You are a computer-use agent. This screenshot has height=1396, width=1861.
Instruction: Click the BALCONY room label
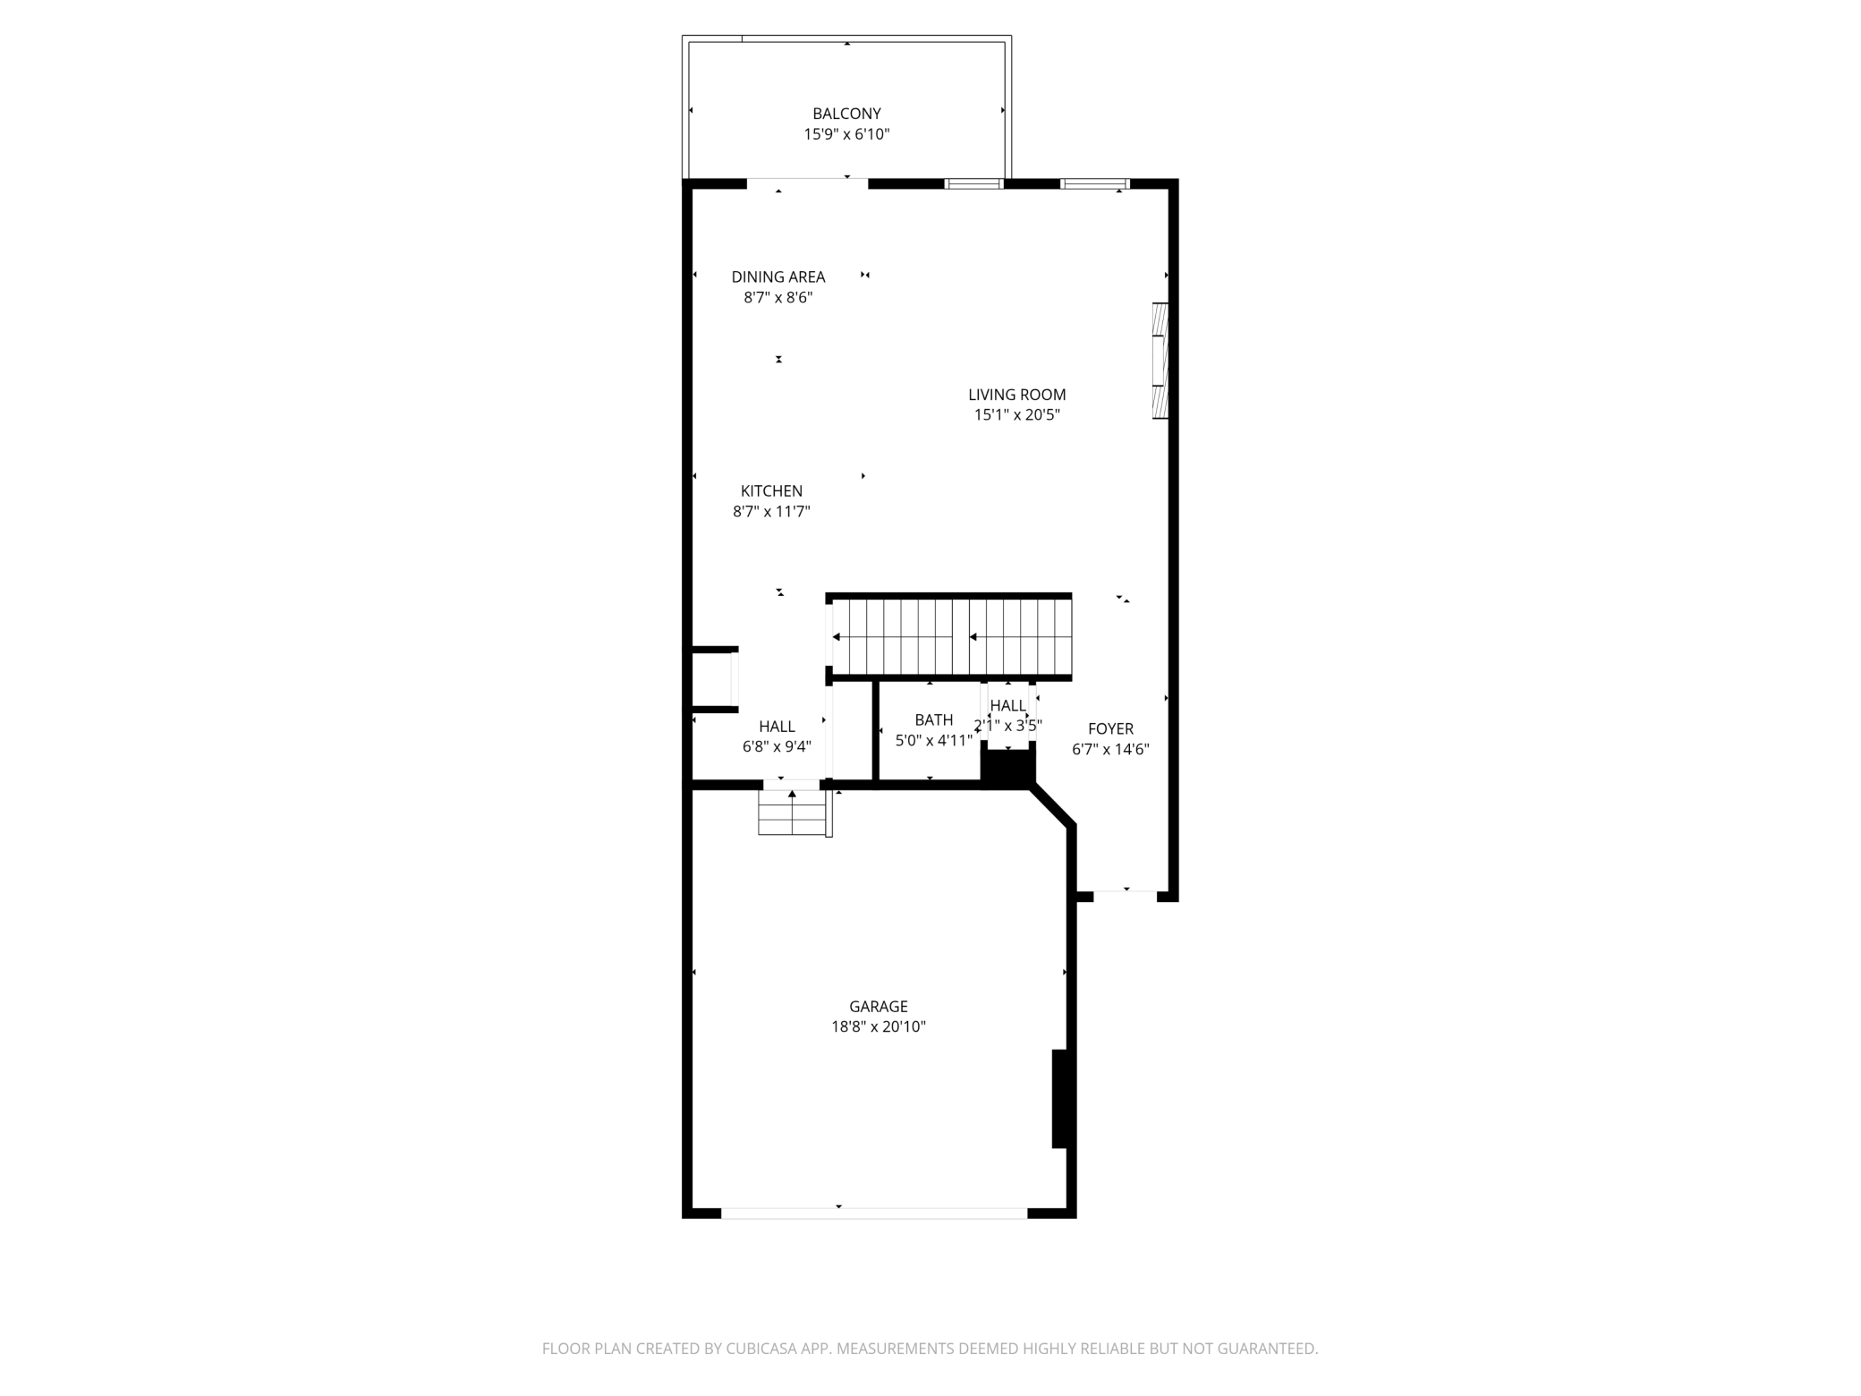846,114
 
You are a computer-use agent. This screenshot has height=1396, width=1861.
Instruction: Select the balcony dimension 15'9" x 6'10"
846,134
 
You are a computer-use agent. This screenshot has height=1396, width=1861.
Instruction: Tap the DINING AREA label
778,277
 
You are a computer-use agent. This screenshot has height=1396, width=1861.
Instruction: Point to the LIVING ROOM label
1016,395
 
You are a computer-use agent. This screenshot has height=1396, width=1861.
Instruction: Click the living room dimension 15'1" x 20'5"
1016,415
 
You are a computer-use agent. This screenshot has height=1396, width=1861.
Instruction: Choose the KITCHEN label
771,491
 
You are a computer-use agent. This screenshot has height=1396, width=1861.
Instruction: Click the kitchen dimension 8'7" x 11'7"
771,512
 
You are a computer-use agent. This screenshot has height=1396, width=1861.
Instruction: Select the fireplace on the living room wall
1160,361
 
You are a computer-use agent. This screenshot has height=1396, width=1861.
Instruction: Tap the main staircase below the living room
951,636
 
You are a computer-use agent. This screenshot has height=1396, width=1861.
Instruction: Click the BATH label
933,719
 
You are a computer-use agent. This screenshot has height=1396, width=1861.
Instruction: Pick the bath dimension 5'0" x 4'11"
933,740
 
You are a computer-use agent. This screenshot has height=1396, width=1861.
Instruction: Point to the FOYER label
1110,728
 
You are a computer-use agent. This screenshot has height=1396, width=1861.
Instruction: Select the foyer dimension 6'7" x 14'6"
1110,750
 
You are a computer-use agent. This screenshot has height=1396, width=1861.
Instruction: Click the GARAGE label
878,1006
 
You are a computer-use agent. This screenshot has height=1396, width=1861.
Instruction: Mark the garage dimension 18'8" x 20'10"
878,1027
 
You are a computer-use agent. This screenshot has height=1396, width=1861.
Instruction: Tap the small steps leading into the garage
792,813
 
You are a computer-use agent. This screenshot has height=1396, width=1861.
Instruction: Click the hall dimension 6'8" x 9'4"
777,746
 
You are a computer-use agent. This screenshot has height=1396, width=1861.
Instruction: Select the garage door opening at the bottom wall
874,1213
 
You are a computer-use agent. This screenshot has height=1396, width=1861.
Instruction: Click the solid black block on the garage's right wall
1059,1098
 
